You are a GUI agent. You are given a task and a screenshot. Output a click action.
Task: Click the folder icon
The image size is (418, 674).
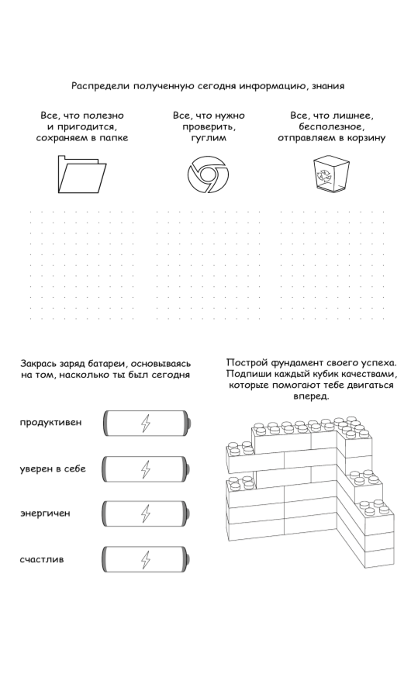pos(82,175)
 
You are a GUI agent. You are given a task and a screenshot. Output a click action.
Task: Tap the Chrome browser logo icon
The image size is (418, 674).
pos(208,175)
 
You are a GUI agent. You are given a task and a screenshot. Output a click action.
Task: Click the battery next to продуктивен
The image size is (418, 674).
pos(146,423)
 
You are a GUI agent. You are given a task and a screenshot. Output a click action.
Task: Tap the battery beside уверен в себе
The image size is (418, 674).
pos(146,469)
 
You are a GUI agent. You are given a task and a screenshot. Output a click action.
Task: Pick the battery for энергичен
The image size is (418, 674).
pos(146,513)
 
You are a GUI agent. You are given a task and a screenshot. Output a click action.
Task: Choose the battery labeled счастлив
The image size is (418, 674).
pos(146,559)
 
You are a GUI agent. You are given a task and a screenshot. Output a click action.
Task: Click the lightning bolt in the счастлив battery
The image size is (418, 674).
pos(146,560)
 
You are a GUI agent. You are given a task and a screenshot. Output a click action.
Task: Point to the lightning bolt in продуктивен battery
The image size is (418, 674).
pos(146,423)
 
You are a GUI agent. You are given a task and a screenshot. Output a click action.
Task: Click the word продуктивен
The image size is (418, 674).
pos(50,422)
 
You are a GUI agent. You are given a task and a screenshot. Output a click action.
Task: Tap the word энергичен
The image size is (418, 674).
pos(45,513)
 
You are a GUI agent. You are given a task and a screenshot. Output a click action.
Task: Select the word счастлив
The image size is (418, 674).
pos(42,559)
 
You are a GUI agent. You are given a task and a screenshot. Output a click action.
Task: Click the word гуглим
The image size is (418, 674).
pos(209,138)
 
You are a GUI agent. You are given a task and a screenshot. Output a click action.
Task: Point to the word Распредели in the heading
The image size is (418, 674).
pos(101,86)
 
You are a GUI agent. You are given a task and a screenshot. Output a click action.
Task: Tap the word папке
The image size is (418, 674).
pos(114,138)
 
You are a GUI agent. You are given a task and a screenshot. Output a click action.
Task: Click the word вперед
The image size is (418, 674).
pos(311,396)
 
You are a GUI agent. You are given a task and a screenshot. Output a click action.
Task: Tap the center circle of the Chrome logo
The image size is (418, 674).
pos(208,175)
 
